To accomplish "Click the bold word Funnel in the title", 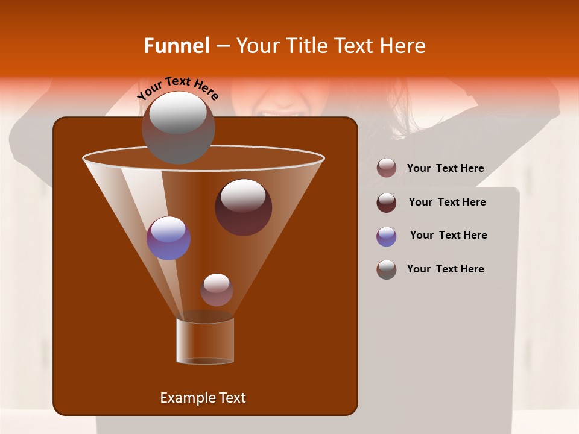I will tap(176, 46).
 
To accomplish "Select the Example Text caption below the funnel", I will tap(203, 398).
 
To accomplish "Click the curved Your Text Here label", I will tap(178, 88).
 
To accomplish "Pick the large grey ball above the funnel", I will tap(178, 127).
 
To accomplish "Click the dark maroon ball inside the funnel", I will tap(243, 207).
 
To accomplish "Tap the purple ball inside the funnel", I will tap(168, 238).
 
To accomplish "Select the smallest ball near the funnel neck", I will tap(217, 289).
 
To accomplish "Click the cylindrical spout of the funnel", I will tap(204, 341).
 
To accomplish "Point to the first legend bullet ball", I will tap(387, 168).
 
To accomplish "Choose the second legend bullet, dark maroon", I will tap(387, 203).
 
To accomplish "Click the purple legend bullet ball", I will tap(387, 236).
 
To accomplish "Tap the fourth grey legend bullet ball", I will tap(387, 269).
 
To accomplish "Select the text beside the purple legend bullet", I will tap(448, 236).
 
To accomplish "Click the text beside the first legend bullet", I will tap(445, 169).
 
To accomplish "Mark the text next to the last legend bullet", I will tap(445, 269).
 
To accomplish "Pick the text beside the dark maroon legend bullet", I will tap(447, 203).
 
